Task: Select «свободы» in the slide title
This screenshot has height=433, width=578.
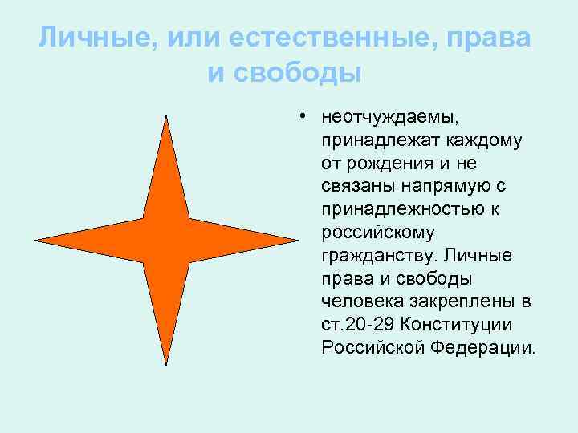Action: click(x=307, y=73)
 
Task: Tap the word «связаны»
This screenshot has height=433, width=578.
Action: click(x=355, y=187)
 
